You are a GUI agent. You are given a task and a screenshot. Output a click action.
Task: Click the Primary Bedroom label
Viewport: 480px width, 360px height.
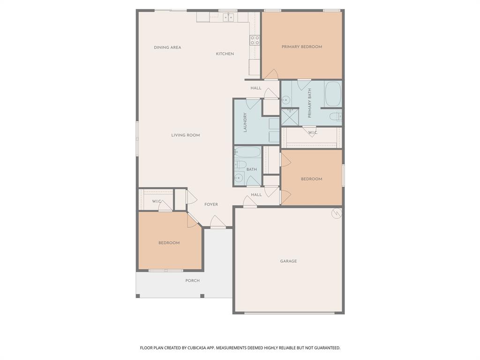pos(301,47)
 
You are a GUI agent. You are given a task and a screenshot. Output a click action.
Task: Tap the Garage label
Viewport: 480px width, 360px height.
pos(288,261)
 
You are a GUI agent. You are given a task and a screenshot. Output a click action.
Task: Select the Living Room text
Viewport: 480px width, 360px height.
pos(185,135)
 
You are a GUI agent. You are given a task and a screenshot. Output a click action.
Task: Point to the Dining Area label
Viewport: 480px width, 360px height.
pos(167,47)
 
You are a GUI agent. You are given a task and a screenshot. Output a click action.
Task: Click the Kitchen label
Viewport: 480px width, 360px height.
pos(225,54)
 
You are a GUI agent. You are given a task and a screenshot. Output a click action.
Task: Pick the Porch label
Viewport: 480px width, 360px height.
pos(192,281)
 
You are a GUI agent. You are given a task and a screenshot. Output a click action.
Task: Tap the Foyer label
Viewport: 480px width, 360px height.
pos(211,204)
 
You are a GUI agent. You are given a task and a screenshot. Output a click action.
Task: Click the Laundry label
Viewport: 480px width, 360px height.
pos(245,122)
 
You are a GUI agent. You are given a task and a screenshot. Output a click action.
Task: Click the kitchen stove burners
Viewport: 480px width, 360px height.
pos(255,40)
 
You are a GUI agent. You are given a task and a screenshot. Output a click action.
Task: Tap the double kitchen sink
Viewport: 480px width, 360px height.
pos(228,17)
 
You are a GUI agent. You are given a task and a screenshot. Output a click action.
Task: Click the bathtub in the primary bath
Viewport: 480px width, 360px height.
pos(333,94)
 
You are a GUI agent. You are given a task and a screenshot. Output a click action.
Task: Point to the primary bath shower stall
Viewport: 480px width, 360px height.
pos(289,117)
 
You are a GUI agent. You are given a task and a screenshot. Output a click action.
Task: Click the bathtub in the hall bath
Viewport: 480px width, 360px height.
pos(247,152)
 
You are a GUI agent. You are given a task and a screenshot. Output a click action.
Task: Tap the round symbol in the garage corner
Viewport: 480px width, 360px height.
pos(336,214)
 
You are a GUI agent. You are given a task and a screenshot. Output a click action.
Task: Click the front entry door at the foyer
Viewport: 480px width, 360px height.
pos(217,223)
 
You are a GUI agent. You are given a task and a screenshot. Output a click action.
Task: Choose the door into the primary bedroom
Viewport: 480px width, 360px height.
pos(271,75)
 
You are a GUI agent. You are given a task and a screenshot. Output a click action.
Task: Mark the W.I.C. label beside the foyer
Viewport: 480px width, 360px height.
pos(157,202)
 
